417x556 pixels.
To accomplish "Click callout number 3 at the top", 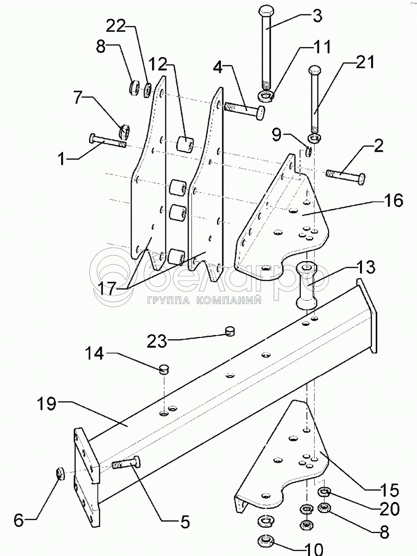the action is [x=317, y=16].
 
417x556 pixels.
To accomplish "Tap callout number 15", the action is [x=389, y=491].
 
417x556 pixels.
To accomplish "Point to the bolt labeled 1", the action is [x=108, y=142].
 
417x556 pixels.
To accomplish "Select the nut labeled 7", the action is [x=124, y=130].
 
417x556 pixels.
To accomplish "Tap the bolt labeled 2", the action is [x=345, y=176].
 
